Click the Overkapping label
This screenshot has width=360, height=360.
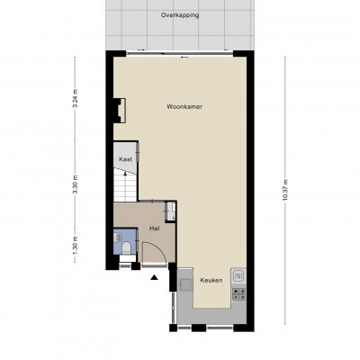click(x=180, y=15)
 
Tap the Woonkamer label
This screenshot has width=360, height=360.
click(x=184, y=106)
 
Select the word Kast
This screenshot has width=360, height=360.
click(x=125, y=159)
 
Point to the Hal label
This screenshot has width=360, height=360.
click(x=155, y=229)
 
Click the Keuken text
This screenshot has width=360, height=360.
click(x=211, y=281)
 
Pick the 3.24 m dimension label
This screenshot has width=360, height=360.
click(x=76, y=98)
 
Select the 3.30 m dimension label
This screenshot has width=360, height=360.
click(x=76, y=184)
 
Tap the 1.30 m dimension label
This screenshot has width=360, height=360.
click(x=76, y=246)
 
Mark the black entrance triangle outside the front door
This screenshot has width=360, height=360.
click(x=154, y=277)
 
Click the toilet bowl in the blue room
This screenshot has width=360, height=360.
click(x=127, y=248)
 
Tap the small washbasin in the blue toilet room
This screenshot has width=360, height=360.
click(x=117, y=238)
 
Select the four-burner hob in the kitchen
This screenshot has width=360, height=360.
click(x=239, y=294)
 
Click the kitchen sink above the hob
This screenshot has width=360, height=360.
click(x=238, y=275)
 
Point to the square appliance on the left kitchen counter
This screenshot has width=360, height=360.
click(x=185, y=284)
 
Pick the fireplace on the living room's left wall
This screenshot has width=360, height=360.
click(x=120, y=110)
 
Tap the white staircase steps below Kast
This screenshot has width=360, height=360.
click(x=125, y=185)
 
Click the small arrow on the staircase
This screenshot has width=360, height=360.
click(x=125, y=174)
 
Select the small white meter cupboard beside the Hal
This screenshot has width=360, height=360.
click(x=171, y=211)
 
